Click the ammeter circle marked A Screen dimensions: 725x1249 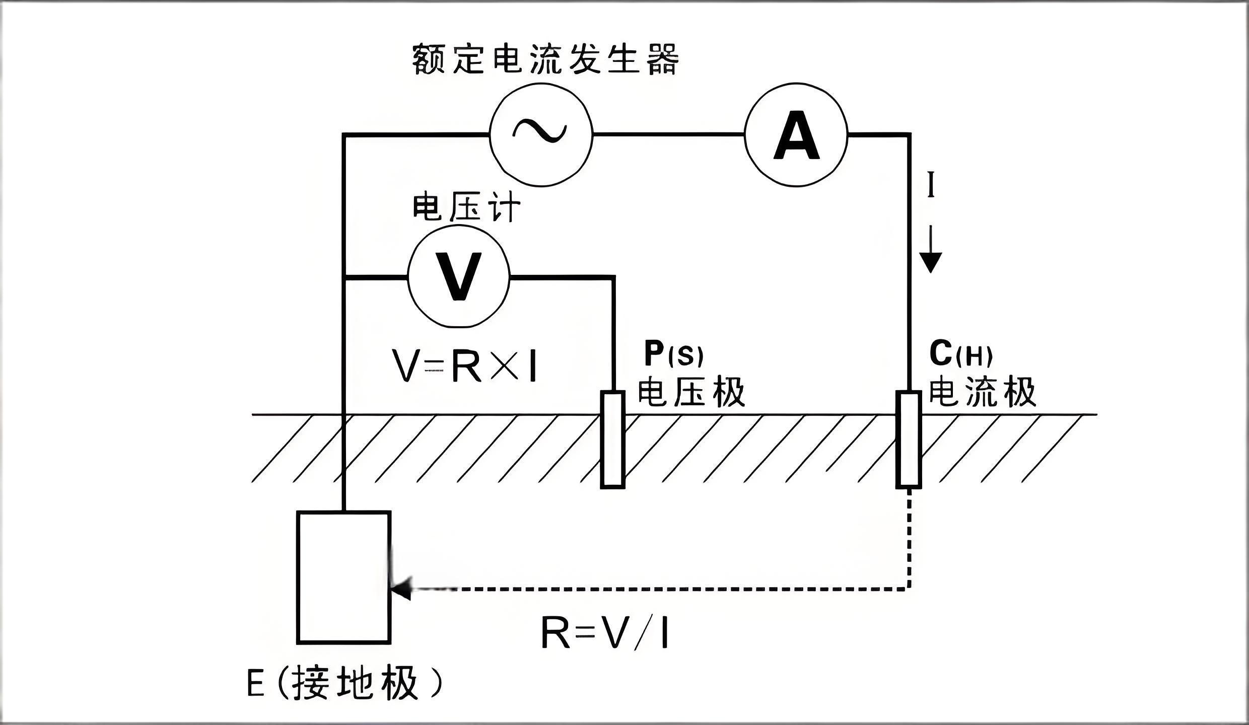pos(796,135)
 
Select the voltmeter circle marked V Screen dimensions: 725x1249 pos(459,277)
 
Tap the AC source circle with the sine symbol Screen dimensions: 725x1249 pos(541,135)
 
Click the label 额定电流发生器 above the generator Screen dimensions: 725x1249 pos(545,59)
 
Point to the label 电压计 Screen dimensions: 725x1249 pos(466,207)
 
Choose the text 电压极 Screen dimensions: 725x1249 pos(691,392)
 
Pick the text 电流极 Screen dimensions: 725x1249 pos(982,392)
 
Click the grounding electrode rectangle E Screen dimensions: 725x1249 pos(344,577)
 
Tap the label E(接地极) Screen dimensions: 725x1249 pos(345,683)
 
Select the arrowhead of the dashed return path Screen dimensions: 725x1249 pos(402,588)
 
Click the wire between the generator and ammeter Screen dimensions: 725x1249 pos(668,134)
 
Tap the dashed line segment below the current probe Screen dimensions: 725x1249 pos(909,539)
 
